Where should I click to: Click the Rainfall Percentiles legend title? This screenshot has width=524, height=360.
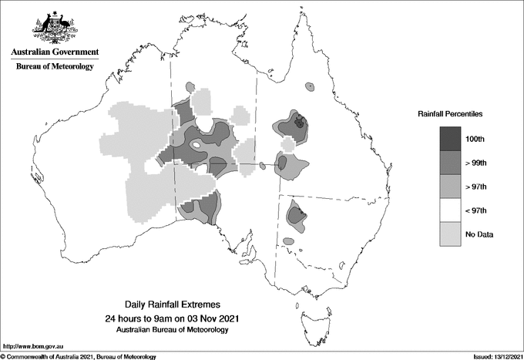click(x=450, y=113)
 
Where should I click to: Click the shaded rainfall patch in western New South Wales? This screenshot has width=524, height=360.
click(x=295, y=215)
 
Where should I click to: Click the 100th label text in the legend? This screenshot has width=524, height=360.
click(x=475, y=138)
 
